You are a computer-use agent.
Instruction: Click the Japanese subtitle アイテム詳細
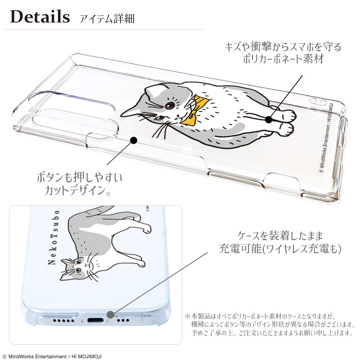107,19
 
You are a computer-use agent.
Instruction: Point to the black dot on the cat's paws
269,120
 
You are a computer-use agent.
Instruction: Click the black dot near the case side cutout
133,141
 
